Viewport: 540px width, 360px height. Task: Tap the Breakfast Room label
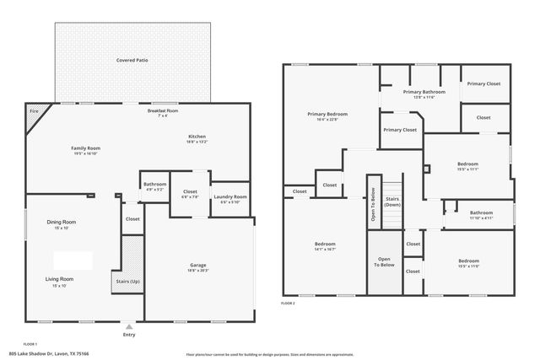(x=163, y=111)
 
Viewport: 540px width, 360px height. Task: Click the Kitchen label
(x=197, y=137)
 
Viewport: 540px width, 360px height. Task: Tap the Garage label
(x=197, y=266)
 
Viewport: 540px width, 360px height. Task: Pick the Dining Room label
(x=62, y=222)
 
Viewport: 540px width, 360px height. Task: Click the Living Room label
(x=60, y=279)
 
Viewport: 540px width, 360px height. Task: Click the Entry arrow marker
(x=128, y=326)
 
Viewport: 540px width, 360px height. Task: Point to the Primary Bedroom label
(x=327, y=114)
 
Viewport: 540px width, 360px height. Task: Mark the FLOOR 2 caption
(x=289, y=303)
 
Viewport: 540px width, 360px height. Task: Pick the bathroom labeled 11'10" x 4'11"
(x=481, y=213)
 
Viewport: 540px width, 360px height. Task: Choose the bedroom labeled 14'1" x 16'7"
(x=325, y=244)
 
